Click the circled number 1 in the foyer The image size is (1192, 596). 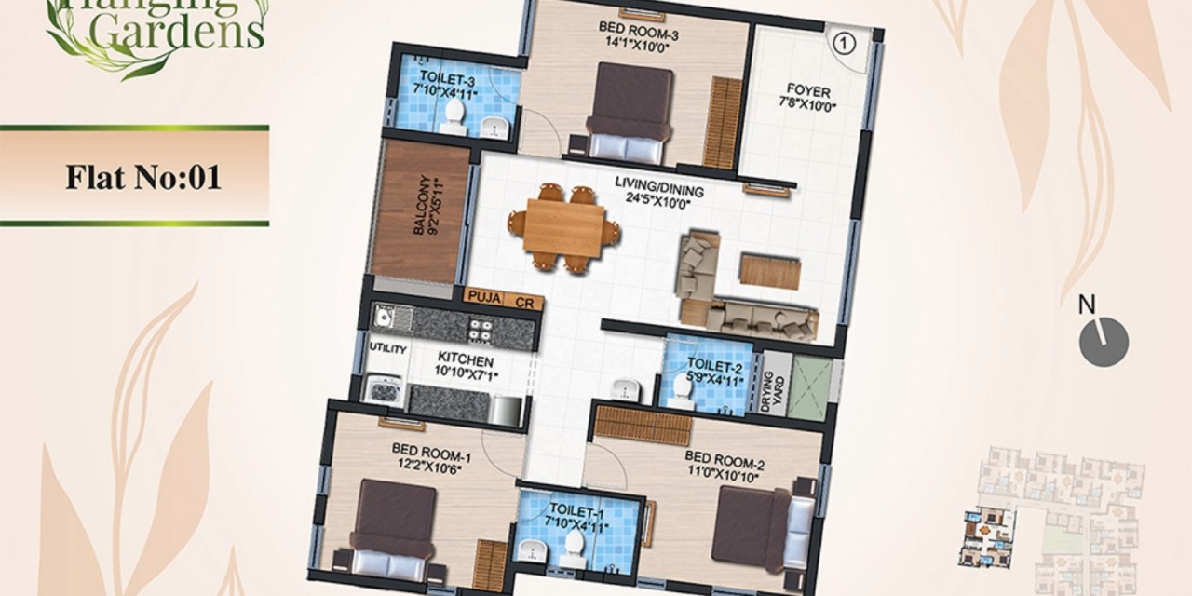[x=843, y=43]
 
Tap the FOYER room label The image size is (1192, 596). [x=808, y=90]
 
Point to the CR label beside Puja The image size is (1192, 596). [x=524, y=304]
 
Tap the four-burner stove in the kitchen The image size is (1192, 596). [x=481, y=329]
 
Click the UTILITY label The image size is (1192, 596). [x=388, y=348]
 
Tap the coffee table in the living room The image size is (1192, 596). [x=770, y=272]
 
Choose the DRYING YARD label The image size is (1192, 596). [x=773, y=392]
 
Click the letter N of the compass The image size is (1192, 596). [x=1087, y=305]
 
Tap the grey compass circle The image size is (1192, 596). [x=1104, y=342]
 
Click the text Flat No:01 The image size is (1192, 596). [x=143, y=177]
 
